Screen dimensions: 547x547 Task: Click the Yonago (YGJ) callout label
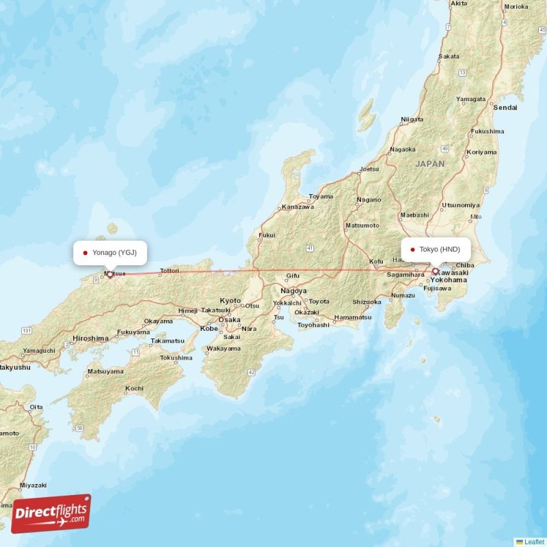point(110,252)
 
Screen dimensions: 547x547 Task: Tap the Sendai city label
point(505,107)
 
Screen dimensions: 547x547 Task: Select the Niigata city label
point(412,119)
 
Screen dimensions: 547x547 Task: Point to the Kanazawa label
point(298,206)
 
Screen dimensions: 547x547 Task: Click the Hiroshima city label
point(90,338)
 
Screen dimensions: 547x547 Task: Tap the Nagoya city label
point(293,291)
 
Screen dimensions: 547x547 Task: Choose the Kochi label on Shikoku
point(134,388)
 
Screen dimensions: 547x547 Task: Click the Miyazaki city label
point(33,485)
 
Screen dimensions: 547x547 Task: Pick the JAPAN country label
point(429,164)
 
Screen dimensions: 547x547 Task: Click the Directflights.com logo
point(51,513)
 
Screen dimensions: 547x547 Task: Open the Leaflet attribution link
point(533,542)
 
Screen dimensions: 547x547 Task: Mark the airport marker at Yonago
point(109,274)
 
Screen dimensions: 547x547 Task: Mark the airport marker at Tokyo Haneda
point(435,271)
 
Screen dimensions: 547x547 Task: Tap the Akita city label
point(458,3)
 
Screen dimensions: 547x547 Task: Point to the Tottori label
point(169,271)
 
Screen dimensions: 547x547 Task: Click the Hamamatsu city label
point(353,317)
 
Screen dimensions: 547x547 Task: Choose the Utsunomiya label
point(461,205)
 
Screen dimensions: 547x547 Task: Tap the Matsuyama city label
point(105,372)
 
